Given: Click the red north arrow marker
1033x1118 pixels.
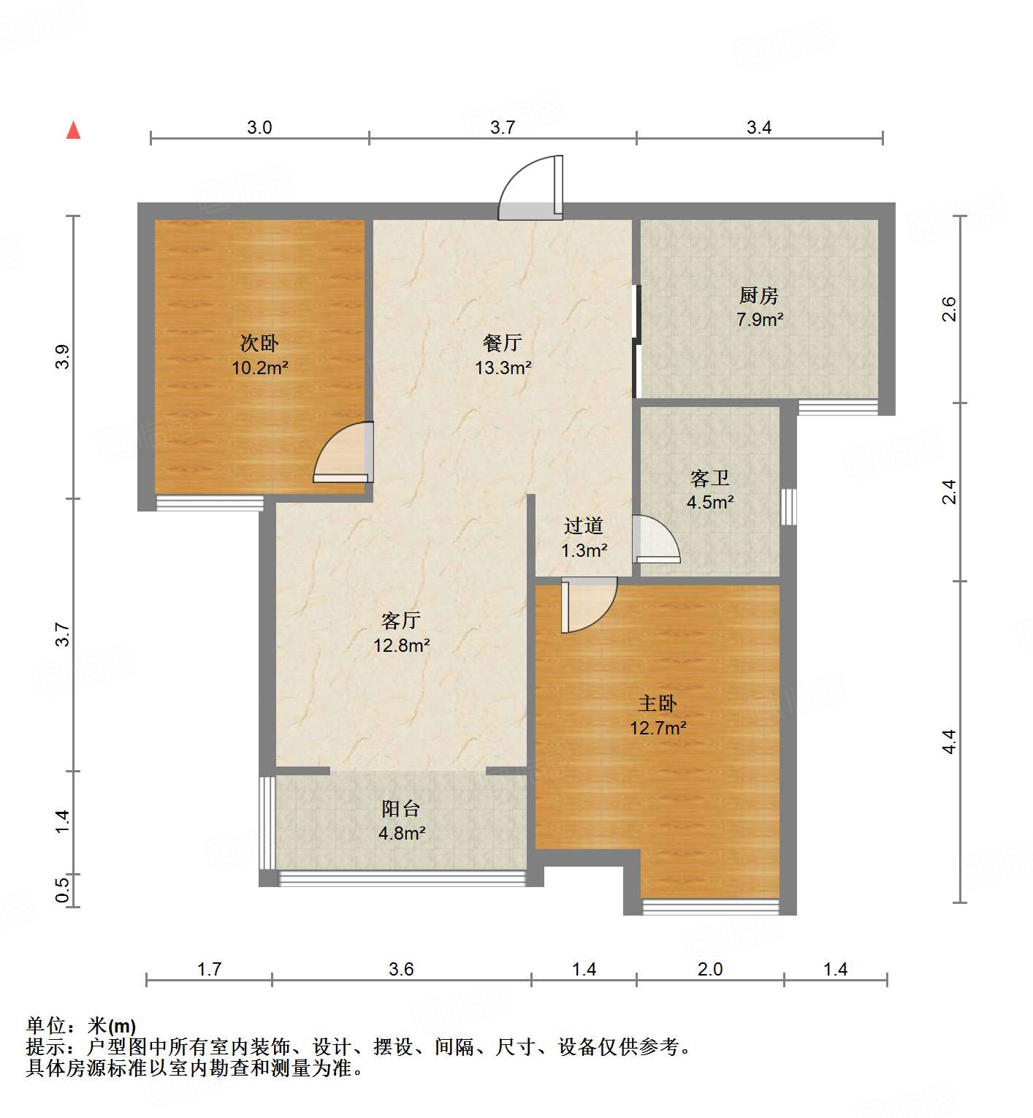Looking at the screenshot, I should [73, 130].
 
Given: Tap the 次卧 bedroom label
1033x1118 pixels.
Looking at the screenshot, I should [259, 343].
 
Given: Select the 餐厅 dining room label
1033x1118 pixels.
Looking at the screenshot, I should [503, 343].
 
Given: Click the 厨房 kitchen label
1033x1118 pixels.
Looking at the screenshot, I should [759, 295].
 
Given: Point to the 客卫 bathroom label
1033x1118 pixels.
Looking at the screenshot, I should [710, 478].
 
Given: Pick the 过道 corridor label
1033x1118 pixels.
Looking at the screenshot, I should [584, 525].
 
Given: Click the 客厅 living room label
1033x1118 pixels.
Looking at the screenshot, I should [401, 620].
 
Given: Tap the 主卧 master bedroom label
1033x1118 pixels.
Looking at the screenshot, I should [657, 703].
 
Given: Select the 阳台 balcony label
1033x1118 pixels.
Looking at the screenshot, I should [401, 808].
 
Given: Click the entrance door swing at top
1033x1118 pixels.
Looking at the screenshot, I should [532, 189].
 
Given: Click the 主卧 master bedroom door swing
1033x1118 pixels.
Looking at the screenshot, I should [587, 604].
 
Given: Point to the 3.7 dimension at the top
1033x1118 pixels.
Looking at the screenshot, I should [503, 128].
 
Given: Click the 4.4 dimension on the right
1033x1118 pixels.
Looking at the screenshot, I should [948, 742].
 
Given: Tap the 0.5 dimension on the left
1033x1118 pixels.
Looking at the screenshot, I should [62, 890].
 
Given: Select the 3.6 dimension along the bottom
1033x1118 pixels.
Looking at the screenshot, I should [401, 969].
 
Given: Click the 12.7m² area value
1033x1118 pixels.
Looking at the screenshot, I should [657, 728].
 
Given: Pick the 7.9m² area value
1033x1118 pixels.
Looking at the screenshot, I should [760, 319].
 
